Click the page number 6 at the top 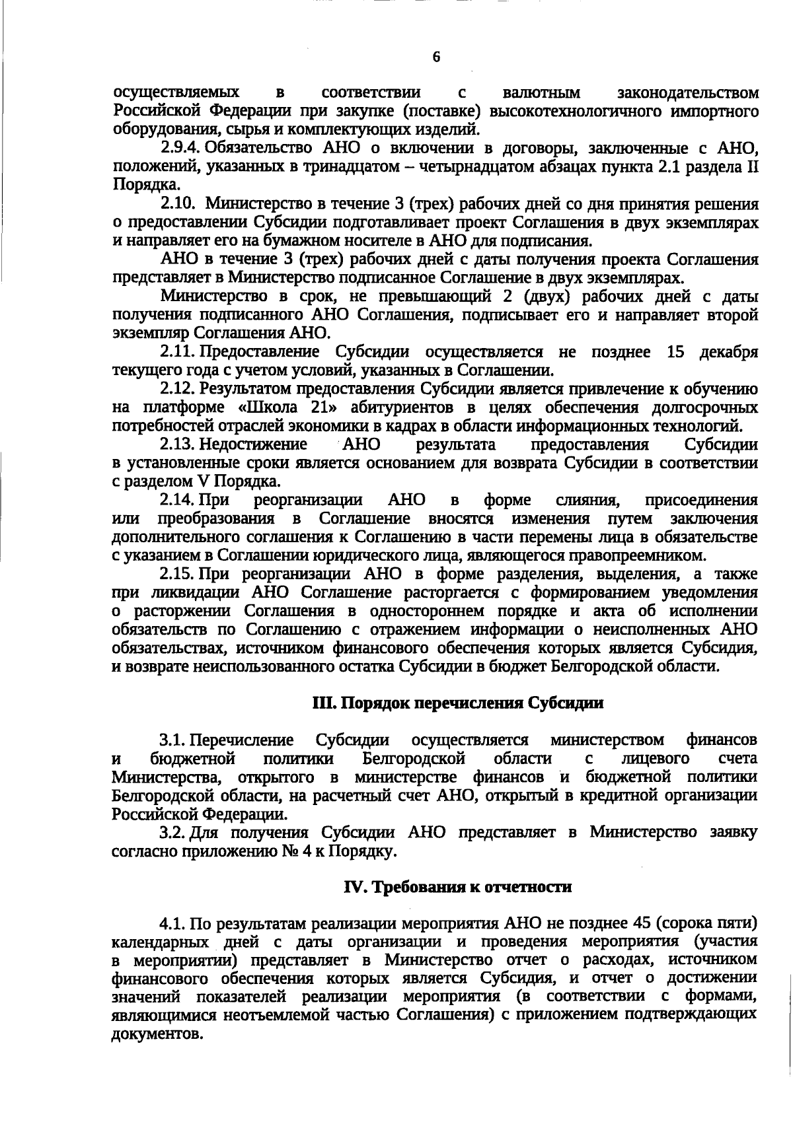436,57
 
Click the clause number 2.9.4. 180,147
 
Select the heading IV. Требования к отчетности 458,887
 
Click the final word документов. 157,1034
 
